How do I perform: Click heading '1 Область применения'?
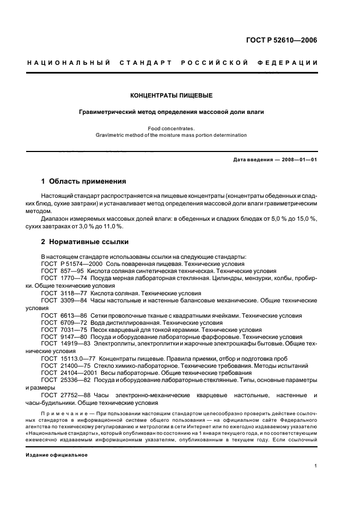pyautogui.click(x=84, y=181)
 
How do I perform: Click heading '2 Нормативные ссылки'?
pyautogui.click(x=85, y=241)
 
